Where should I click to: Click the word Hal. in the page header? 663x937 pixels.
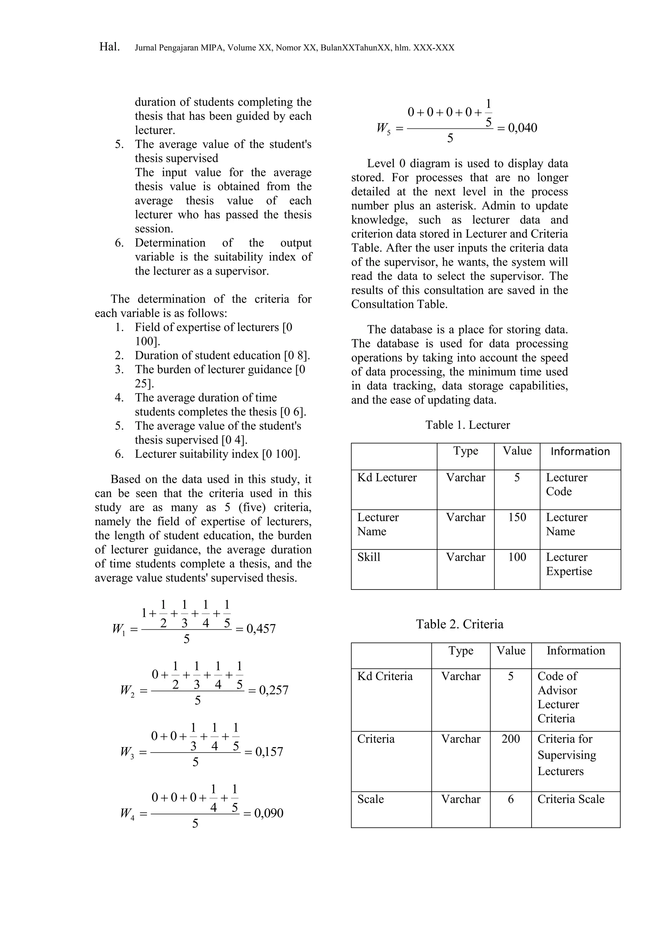pos(109,47)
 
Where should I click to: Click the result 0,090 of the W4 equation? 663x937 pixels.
pos(269,813)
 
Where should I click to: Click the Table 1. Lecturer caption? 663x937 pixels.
pos(467,425)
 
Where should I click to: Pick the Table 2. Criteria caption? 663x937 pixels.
pos(460,624)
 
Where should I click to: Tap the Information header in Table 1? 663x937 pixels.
pos(580,451)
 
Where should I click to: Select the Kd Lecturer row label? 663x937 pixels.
pos(387,478)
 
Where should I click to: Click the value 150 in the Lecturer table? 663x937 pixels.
pos(517,517)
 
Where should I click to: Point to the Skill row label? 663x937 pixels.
pos(369,557)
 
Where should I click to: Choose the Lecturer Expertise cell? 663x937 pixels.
pos(569,564)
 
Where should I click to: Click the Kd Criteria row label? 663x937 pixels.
pos(385,677)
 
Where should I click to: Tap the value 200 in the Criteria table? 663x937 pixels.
pos(511,739)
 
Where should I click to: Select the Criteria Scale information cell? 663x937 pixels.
pos(571,799)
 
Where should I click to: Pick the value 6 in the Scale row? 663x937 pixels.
pos(511,799)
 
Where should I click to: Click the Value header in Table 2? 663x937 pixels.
pos(511,651)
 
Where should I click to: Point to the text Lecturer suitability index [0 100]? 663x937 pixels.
pos(218,454)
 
